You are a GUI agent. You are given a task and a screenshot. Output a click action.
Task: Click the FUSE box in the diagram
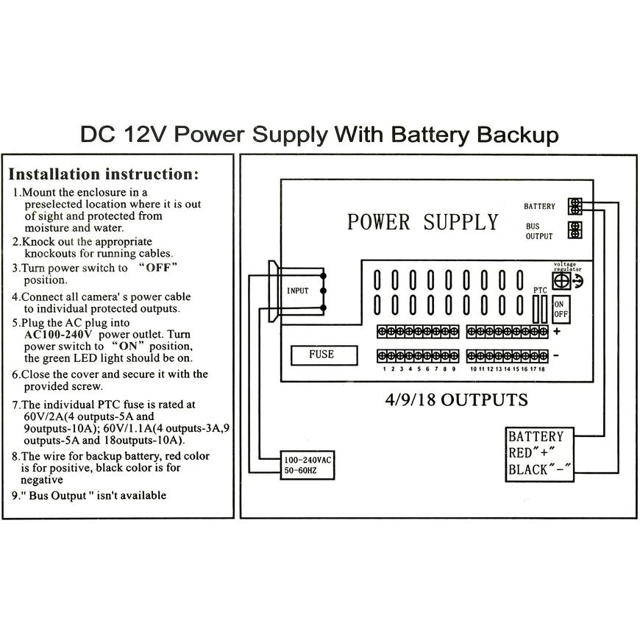[x=321, y=355]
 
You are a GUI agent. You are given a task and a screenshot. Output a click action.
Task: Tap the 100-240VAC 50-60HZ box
[x=308, y=466]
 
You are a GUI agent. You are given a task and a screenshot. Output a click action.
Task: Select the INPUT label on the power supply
[x=298, y=291]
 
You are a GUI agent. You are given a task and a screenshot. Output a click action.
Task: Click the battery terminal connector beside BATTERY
[x=575, y=206]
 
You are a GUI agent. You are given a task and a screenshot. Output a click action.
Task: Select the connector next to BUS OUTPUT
[x=575, y=230]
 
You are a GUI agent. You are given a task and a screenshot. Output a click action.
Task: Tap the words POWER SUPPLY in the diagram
[x=422, y=222]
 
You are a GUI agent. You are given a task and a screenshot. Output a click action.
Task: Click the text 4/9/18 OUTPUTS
[x=456, y=400]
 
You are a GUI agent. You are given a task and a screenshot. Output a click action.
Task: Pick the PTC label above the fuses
[x=541, y=291]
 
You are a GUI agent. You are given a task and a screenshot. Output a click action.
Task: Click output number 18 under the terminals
[x=542, y=369]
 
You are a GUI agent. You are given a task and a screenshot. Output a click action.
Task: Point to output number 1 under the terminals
[x=383, y=369]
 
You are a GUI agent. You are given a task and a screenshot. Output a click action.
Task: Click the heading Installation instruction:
[x=103, y=174]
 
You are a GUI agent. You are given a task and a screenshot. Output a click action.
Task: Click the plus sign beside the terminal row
[x=556, y=331]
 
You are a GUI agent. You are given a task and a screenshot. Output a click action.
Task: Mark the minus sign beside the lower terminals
[x=556, y=355]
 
